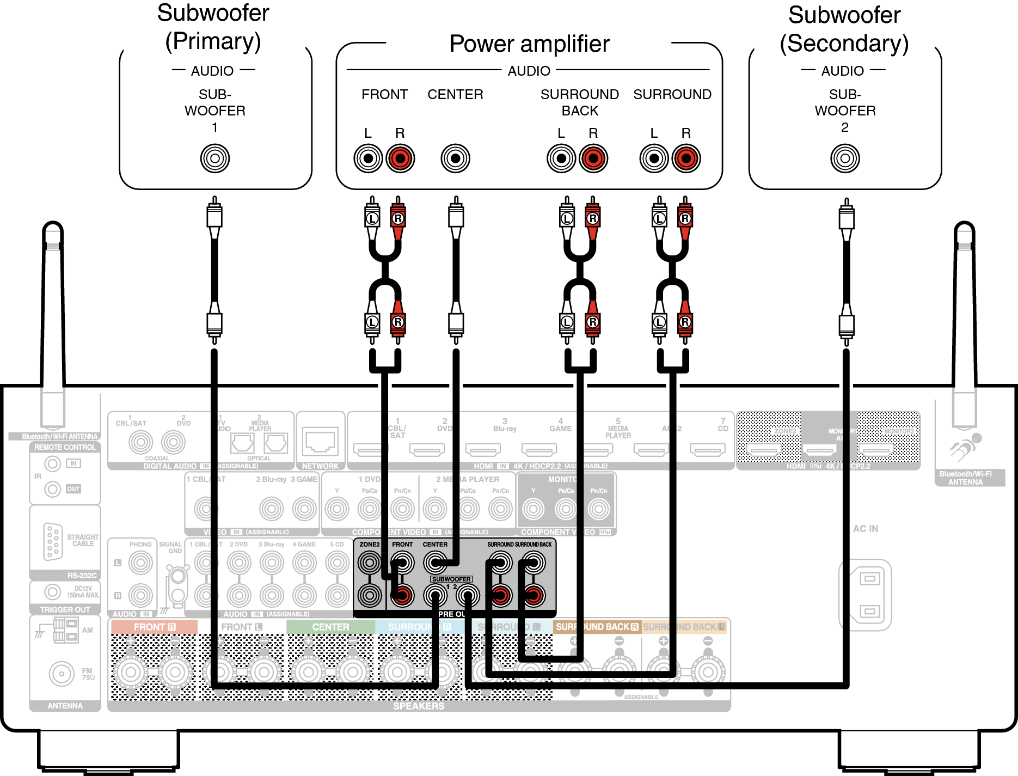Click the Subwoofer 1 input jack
coord(215,158)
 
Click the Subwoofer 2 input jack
coord(845,158)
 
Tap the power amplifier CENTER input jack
coord(455,158)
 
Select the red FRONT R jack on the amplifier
coord(400,158)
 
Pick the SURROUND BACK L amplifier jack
coord(561,158)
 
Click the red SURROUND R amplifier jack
coord(686,158)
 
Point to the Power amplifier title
coord(529,44)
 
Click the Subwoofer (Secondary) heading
coord(844,29)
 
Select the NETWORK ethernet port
coord(321,441)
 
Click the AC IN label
coord(866,529)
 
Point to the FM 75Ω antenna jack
coord(62,674)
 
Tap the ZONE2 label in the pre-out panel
coord(369,545)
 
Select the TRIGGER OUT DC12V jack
coord(52,592)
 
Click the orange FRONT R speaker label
coord(154,627)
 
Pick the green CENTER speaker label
coord(330,627)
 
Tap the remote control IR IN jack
coord(52,463)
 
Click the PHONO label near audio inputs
coord(140,545)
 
